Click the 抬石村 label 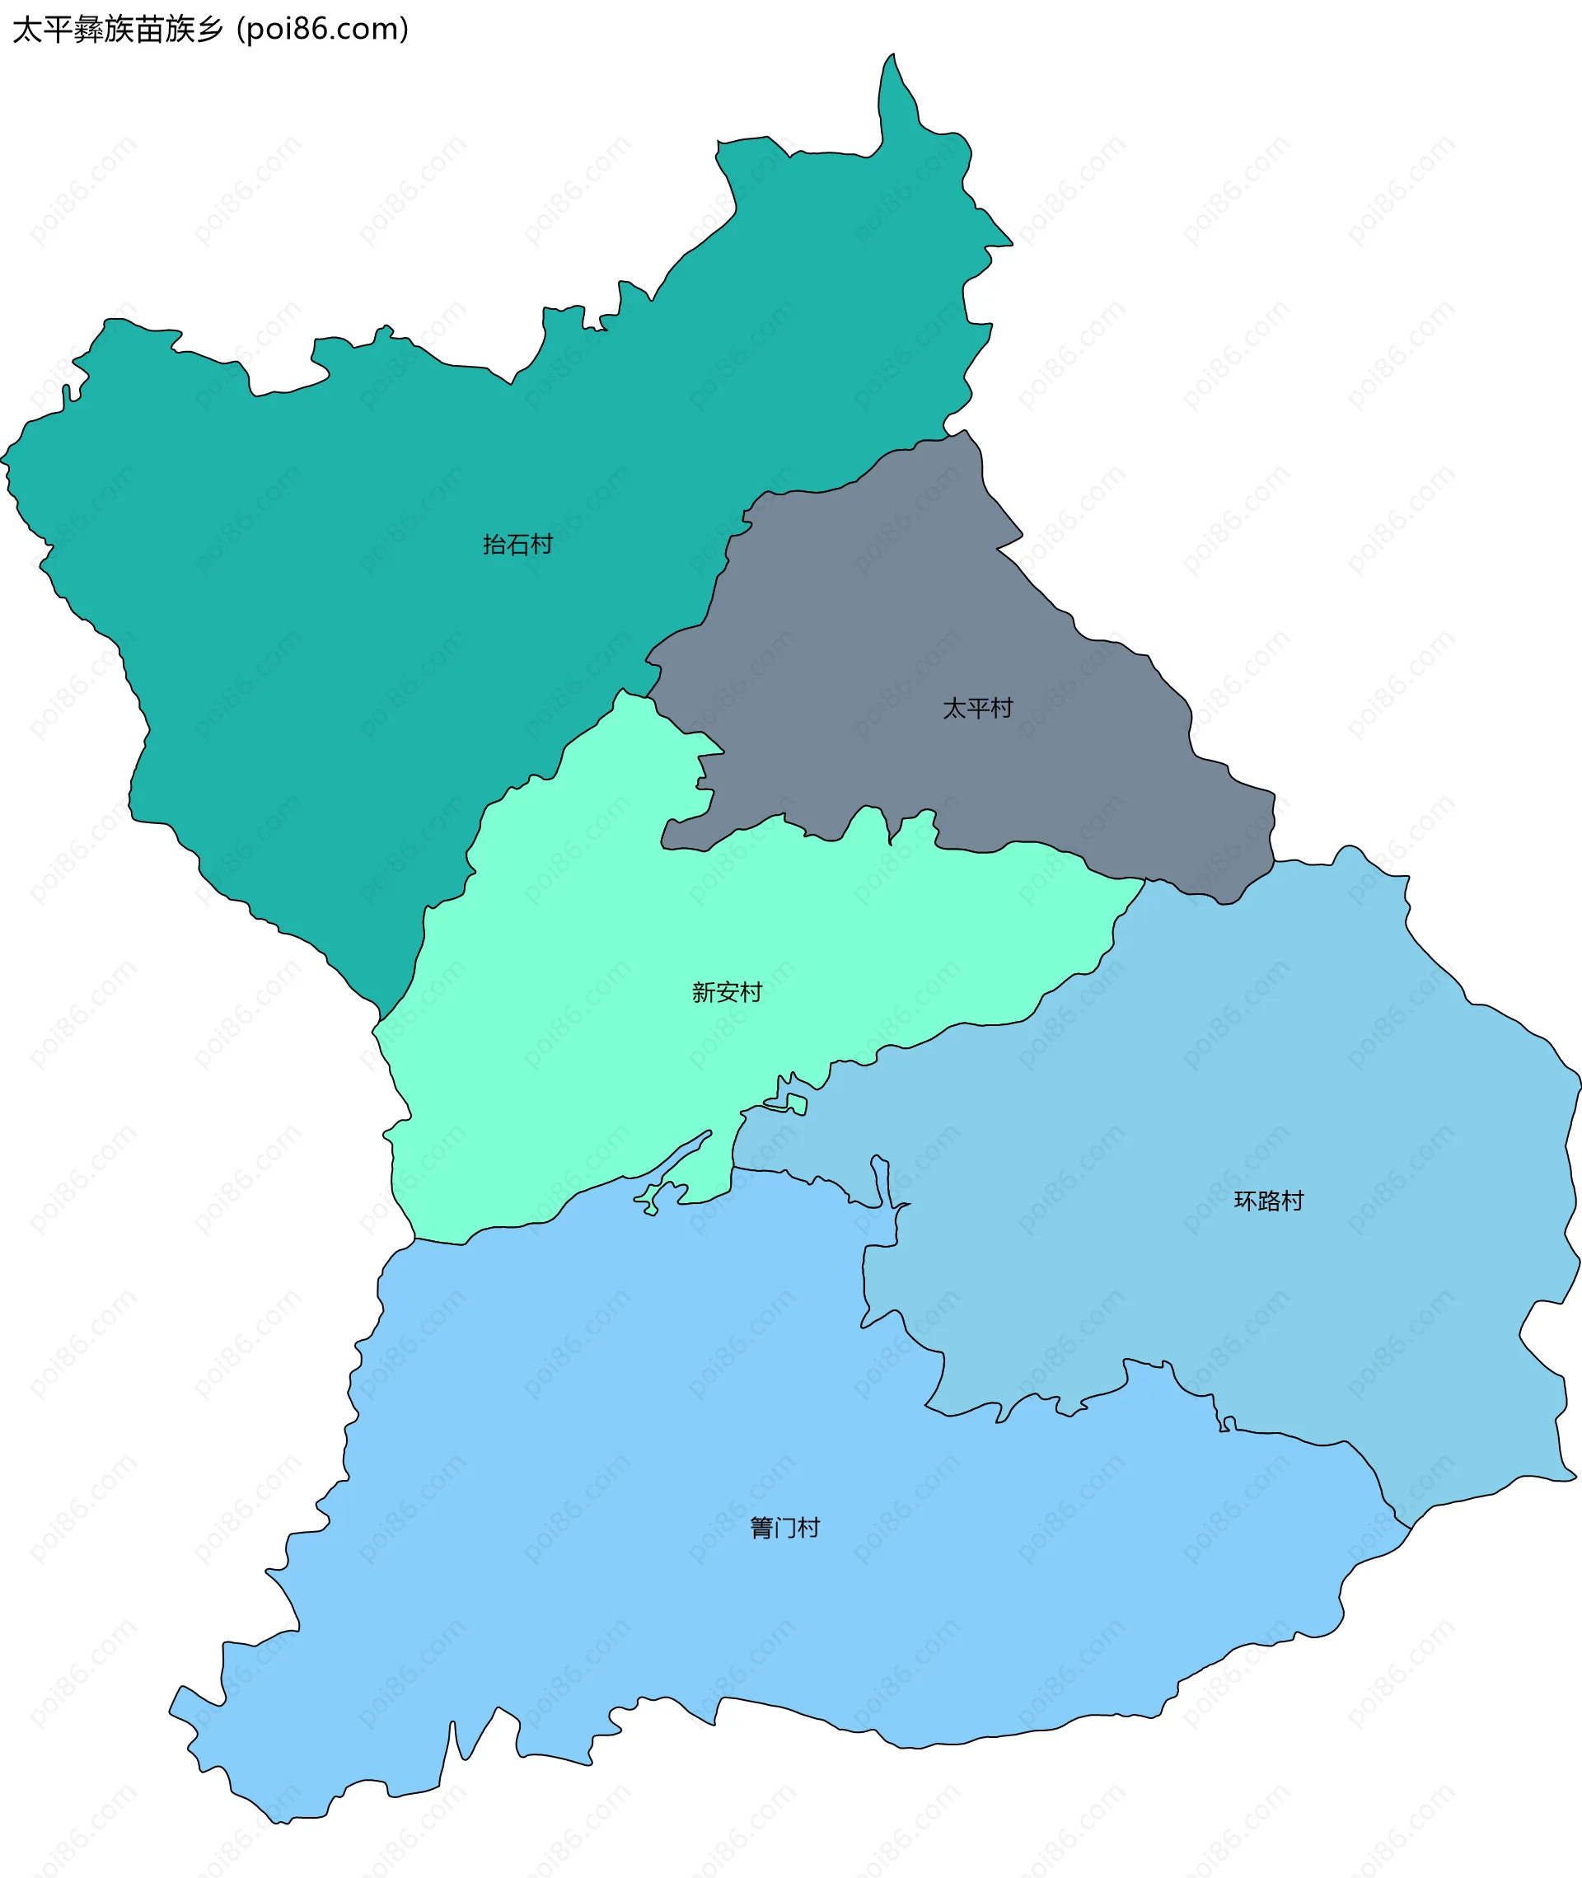click(517, 545)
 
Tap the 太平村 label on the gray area click(977, 709)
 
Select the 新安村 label click(727, 992)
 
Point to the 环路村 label click(1268, 1201)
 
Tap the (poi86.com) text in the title click(323, 30)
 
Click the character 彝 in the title click(88, 30)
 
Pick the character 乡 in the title click(209, 30)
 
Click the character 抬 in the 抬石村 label click(494, 545)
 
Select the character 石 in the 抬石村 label click(517, 545)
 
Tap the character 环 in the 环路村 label click(1245, 1201)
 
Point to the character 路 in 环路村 click(1268, 1201)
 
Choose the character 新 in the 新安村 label click(703, 992)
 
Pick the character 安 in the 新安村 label click(727, 992)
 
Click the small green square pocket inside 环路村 click(797, 1103)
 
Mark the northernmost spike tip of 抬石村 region click(892, 55)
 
